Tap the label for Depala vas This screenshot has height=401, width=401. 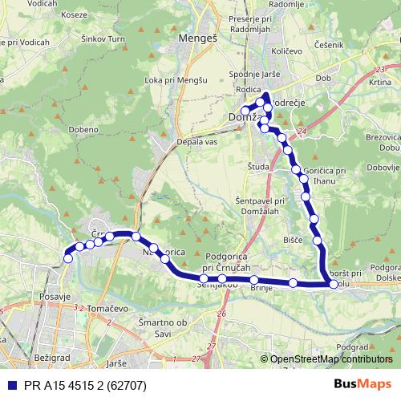196,141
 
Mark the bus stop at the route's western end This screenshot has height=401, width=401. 68,258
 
